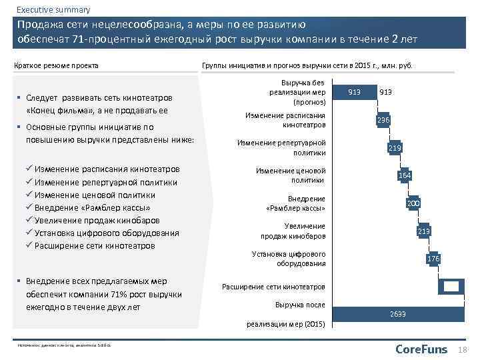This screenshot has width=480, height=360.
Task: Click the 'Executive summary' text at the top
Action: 53,9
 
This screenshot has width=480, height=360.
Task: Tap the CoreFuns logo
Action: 422,349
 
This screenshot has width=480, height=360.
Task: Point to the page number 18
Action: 464,350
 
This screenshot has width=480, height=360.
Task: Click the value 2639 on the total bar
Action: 398,313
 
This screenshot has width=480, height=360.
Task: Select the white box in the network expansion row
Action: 451,286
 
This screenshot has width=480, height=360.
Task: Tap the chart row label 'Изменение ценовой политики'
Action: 291,175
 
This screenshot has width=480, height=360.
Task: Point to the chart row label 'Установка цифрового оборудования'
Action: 288,259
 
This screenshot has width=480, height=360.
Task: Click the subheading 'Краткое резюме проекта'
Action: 57,65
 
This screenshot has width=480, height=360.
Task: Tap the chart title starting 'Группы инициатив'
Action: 307,65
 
